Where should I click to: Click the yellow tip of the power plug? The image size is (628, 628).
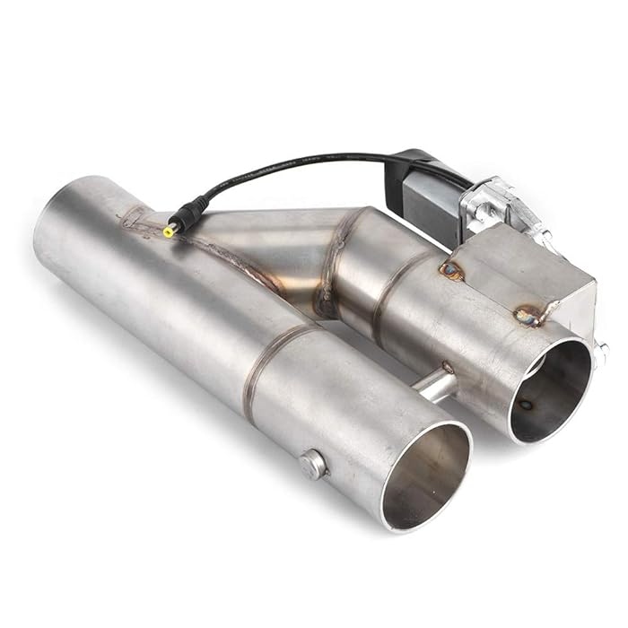170,231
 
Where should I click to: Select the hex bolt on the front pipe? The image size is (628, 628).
313,465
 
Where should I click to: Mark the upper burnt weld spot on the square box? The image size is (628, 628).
451,270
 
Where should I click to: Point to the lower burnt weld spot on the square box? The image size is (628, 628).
528,316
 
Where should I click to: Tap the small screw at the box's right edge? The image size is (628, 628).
600,352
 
